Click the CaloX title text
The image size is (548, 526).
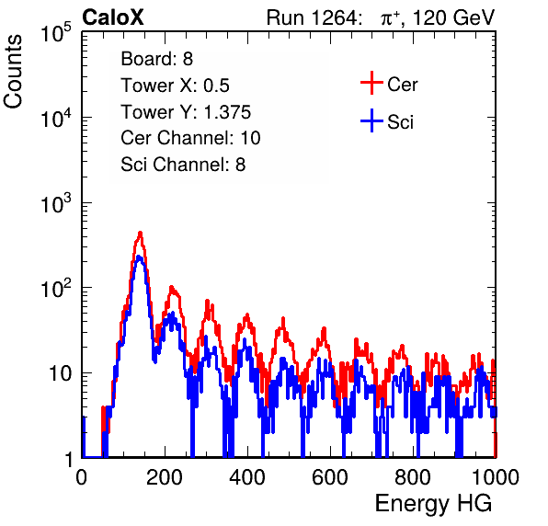[x=113, y=17]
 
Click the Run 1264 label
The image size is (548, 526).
[x=312, y=17]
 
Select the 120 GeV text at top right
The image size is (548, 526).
[x=453, y=17]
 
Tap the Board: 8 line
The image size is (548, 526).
[x=156, y=59]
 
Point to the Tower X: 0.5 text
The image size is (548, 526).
[x=175, y=86]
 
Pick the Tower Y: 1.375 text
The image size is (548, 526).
[x=186, y=112]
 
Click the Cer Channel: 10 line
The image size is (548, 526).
[x=190, y=138]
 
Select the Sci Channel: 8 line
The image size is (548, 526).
[x=183, y=165]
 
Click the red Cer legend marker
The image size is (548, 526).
[x=371, y=83]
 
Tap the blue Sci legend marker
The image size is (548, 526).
[x=371, y=121]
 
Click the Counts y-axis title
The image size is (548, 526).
[x=13, y=72]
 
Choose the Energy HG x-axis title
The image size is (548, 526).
[x=433, y=504]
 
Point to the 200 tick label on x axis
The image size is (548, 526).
[x=165, y=477]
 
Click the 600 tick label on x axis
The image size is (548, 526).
[x=330, y=477]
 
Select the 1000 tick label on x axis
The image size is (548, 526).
[x=496, y=477]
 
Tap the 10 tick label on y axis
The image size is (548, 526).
[x=61, y=373]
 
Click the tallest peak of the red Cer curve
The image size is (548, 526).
[x=140, y=232]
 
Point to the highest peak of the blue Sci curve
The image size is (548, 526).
[x=139, y=257]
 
